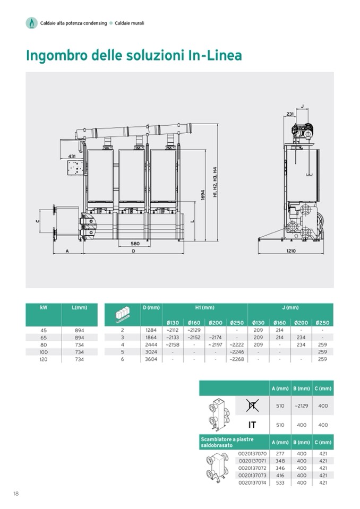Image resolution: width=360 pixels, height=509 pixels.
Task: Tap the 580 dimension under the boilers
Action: tap(135, 244)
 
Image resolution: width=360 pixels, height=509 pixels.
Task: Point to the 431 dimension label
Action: tap(72, 157)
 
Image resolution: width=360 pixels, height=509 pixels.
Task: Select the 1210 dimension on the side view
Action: tap(291, 251)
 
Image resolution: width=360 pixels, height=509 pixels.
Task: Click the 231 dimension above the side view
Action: tap(290, 114)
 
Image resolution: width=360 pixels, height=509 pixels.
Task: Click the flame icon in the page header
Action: tap(31, 23)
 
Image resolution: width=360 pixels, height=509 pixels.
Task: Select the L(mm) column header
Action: tap(80, 307)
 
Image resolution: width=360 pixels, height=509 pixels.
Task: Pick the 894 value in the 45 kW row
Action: tap(79, 330)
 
